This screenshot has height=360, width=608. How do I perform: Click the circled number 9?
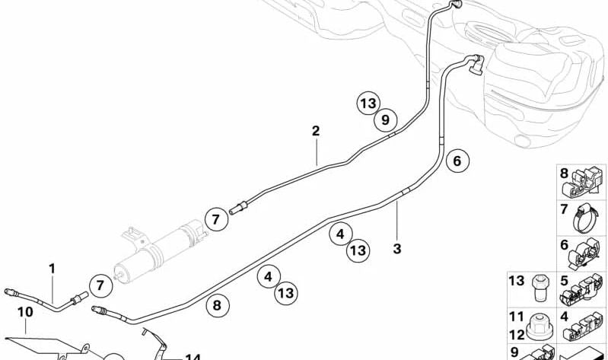(386, 119)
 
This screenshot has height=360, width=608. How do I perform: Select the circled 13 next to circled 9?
(368, 104)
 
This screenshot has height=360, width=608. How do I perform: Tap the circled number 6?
(457, 161)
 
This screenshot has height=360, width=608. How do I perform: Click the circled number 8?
(217, 305)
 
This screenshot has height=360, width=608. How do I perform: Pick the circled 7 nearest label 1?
(100, 286)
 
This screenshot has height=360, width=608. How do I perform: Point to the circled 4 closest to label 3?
(340, 234)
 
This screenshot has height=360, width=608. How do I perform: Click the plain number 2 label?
(316, 131)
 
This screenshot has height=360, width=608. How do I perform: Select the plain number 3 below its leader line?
(397, 249)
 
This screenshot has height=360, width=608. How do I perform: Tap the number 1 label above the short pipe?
(52, 269)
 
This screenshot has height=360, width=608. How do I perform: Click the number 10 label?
(26, 312)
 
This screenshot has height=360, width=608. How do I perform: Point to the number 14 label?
(193, 357)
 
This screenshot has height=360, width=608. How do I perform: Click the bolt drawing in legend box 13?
(540, 288)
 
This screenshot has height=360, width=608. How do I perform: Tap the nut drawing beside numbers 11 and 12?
(540, 325)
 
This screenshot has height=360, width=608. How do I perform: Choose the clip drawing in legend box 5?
(581, 290)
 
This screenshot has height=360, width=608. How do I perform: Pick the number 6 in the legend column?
(564, 245)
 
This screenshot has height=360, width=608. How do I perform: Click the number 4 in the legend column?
(564, 317)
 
